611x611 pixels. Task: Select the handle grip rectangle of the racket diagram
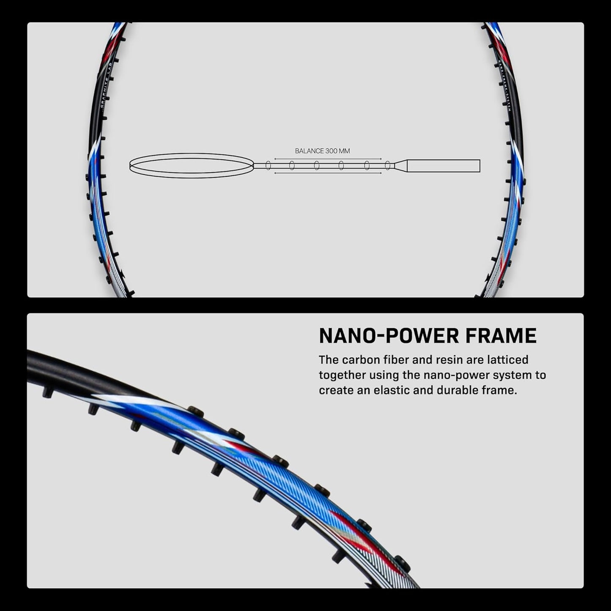444,166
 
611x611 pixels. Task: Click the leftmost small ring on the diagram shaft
268,166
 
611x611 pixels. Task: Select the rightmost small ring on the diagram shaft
387,166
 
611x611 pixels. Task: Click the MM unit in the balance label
345,151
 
